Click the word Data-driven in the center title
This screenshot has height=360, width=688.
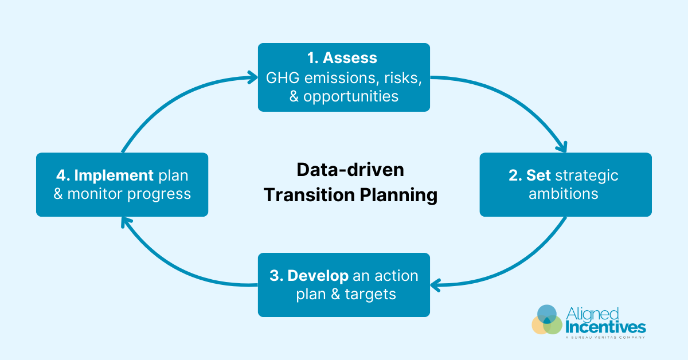(x=350, y=170)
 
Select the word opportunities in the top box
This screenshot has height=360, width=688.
(x=351, y=96)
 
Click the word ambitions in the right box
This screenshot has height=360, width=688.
(x=564, y=194)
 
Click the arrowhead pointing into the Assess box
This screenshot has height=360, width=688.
(x=253, y=76)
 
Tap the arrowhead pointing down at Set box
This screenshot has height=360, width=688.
(x=564, y=147)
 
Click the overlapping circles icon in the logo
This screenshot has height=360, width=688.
(x=547, y=320)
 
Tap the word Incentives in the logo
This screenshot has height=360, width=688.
(x=605, y=327)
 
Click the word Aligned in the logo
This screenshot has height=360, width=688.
(x=592, y=314)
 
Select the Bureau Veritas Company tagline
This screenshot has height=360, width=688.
(x=605, y=338)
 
